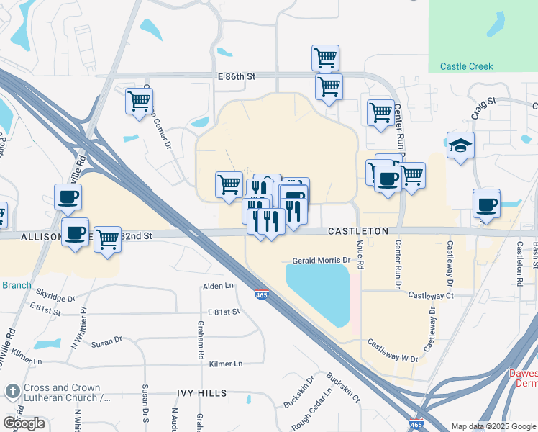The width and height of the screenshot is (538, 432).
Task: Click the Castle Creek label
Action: click(x=465, y=66)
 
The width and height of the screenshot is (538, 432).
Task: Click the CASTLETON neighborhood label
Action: click(x=358, y=231)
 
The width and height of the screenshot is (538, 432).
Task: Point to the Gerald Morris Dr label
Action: click(x=320, y=260)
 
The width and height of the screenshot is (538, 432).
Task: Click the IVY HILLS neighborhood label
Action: click(x=202, y=393)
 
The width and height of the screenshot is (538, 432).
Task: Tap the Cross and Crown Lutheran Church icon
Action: click(x=12, y=392)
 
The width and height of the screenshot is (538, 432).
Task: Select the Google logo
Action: click(x=24, y=423)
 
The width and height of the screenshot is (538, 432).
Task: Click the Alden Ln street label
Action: click(x=219, y=286)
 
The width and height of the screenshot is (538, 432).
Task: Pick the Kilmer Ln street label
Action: click(x=226, y=364)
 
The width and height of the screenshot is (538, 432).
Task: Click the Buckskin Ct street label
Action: click(x=343, y=387)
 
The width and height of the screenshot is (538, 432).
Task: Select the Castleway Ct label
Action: click(x=431, y=295)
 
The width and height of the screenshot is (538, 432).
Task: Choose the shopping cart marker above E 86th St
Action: click(x=326, y=58)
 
